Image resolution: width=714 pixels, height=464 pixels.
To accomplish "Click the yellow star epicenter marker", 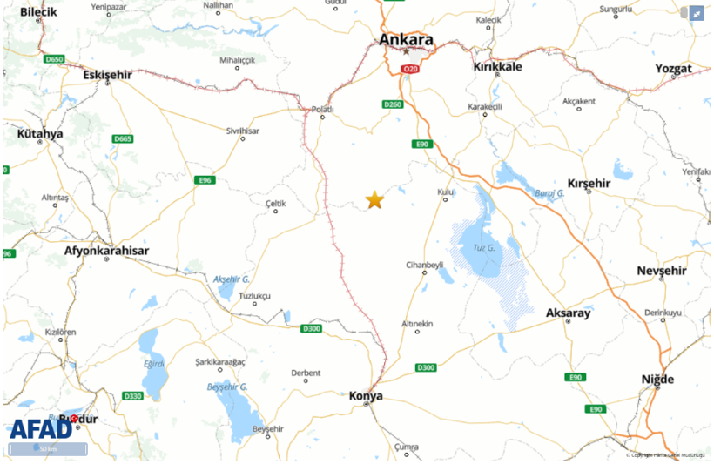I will point(374,200).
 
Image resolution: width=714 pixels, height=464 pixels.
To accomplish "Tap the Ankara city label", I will point(406,40).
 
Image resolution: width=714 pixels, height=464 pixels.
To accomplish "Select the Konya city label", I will point(366,396).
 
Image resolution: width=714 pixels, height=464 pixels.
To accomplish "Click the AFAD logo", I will point(40,428).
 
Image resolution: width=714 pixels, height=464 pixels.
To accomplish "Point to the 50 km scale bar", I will point(48,449).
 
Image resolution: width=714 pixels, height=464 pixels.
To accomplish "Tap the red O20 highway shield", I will point(410,68).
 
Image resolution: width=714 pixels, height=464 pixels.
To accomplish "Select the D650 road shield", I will point(54,59).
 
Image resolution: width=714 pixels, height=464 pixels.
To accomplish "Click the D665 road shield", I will point(123,139).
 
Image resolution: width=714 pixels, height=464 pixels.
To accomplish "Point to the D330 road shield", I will point(132,396).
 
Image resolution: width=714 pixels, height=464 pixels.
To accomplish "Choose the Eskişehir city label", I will point(107,75).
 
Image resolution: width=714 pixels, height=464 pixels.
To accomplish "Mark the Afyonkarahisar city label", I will point(106,251).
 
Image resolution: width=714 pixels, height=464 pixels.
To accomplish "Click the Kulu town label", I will point(445,191).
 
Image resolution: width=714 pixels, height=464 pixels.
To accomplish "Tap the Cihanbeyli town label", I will point(425,264).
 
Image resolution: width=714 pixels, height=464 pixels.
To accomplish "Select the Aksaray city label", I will point(568,313).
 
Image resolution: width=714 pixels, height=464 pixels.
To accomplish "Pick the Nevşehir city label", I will point(662,271).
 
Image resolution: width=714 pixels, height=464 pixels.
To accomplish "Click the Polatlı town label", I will point(322,109).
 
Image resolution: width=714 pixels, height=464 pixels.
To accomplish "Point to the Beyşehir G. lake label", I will point(227,386).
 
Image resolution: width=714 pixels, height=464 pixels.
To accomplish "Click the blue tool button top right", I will point(697,13).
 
